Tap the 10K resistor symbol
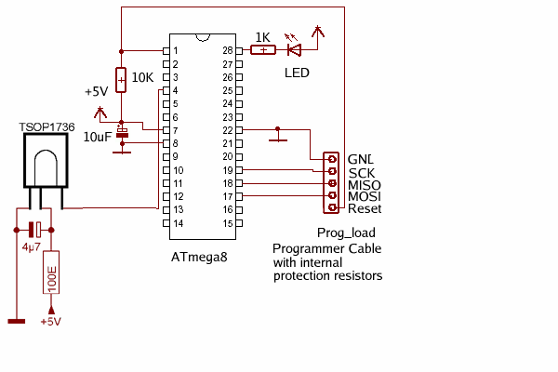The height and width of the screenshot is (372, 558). [x=121, y=79]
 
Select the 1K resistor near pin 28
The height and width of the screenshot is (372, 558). [x=262, y=49]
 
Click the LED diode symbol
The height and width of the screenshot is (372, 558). [x=296, y=49]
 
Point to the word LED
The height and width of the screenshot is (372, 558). [x=297, y=73]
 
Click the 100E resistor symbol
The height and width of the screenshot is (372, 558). [x=51, y=272]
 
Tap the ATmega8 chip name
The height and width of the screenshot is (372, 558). [x=199, y=257]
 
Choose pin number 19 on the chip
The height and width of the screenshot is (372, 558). [x=227, y=171]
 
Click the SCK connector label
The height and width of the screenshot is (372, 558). [x=361, y=172]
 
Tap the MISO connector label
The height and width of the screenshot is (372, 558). [x=365, y=185]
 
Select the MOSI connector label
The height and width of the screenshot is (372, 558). [x=365, y=197]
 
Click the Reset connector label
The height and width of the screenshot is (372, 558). [x=365, y=209]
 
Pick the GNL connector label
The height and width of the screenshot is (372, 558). [x=361, y=159]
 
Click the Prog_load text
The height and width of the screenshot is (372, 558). [x=343, y=235]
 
